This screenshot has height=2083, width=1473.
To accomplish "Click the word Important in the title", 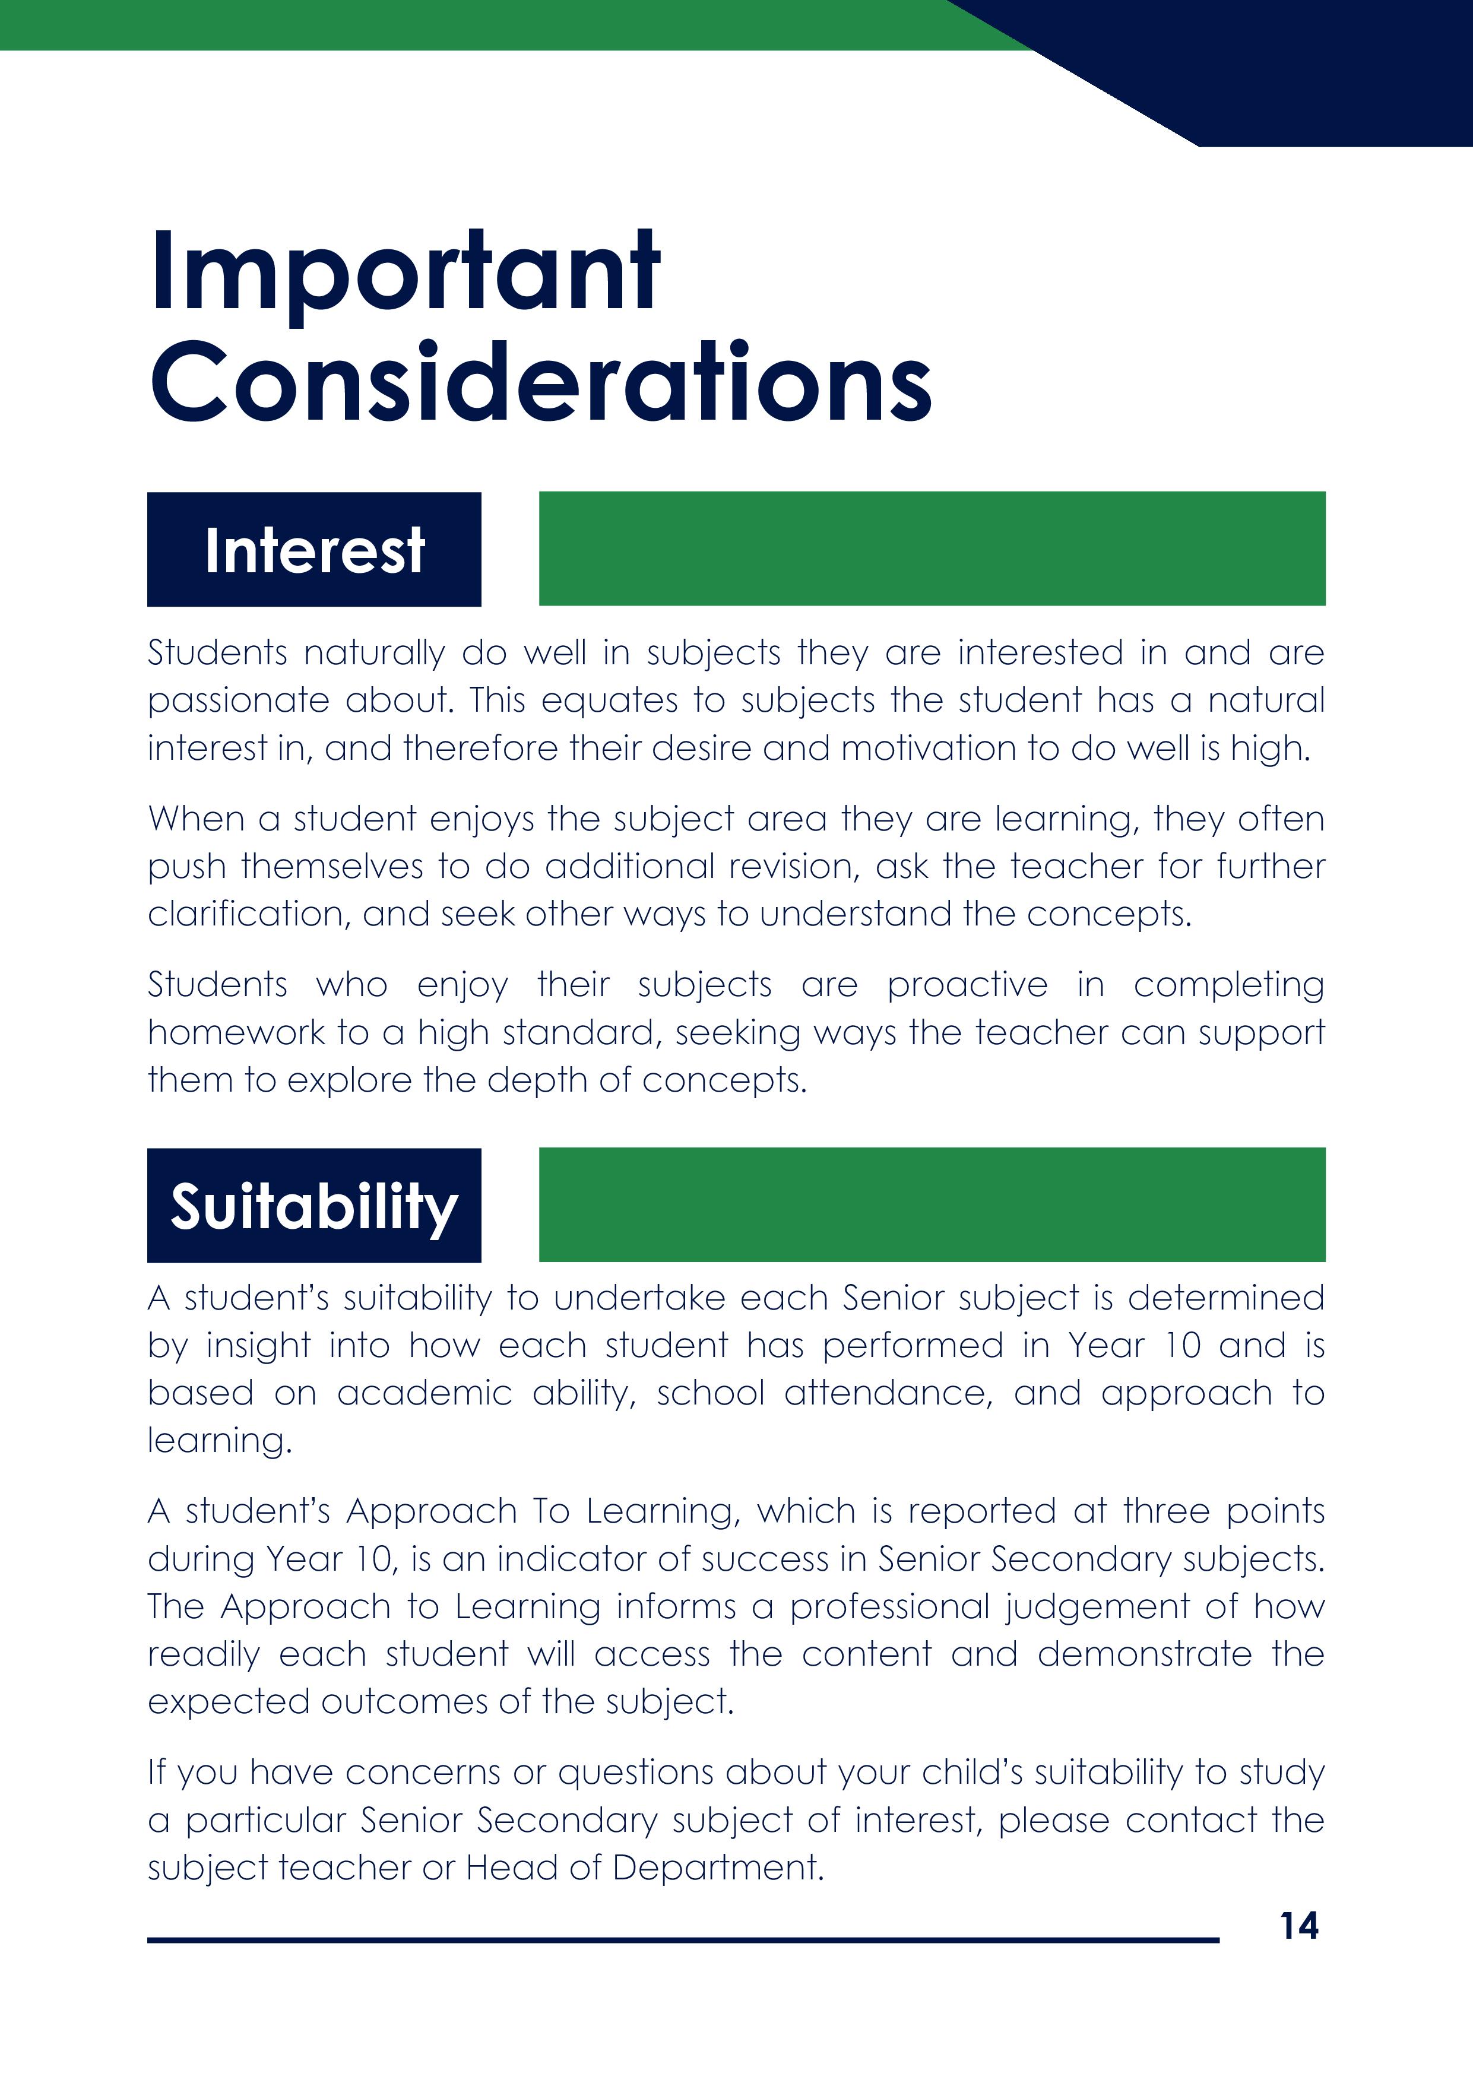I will [405, 272].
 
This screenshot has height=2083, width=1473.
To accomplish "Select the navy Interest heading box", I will [314, 550].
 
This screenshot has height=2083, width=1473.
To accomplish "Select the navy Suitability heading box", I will [314, 1206].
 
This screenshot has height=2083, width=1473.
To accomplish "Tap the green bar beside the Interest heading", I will [932, 549].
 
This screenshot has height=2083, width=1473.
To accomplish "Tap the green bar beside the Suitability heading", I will [932, 1205].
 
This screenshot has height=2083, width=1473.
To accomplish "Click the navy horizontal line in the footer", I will [683, 1941].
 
